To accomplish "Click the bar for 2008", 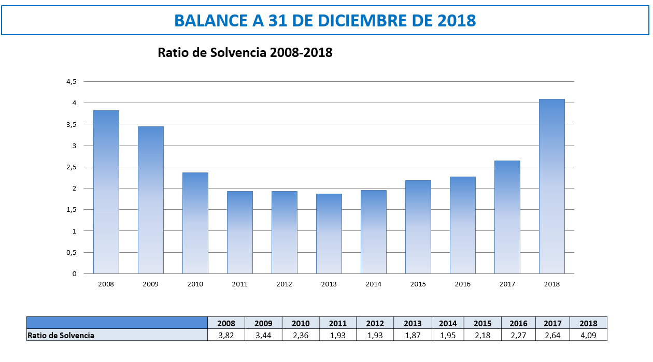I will coord(106,192).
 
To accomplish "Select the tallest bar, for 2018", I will coord(552,186).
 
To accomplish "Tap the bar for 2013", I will coord(329,234).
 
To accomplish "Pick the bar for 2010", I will coord(195,223).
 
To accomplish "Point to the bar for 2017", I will coord(507,217).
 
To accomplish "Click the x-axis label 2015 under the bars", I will coord(418,284).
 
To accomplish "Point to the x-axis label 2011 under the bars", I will coord(240,284).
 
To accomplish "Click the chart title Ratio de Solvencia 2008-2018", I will coord(245,52).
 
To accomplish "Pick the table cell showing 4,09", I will coord(588,335).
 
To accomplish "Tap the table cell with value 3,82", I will coord(226,335).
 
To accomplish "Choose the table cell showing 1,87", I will coord(413,335).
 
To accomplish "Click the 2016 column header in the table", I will coord(518,323).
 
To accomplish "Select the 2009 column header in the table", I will coord(263,323).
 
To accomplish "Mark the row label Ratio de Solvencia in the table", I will coord(61,335).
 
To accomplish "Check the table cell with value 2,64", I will coord(552,335).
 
